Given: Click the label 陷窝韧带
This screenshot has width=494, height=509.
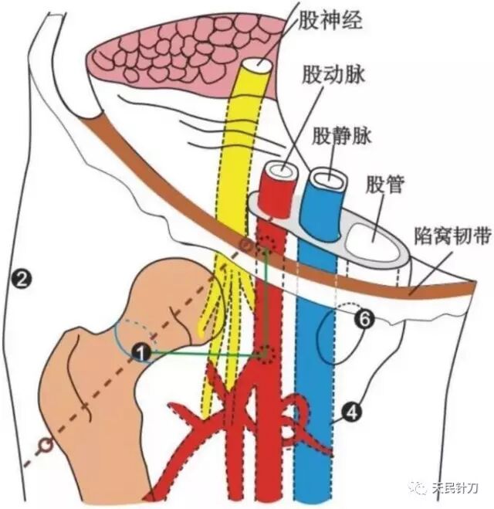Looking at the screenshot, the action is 451,235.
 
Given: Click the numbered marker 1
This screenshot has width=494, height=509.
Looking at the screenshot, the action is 140,352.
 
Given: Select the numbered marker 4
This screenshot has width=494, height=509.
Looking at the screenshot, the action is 350,413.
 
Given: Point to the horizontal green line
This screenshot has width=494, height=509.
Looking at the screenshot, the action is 205,354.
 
